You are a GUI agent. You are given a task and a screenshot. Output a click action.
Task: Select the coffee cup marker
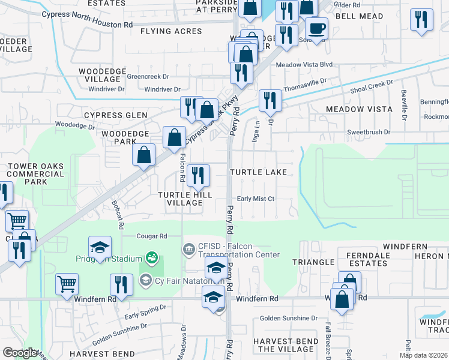tap(316, 28)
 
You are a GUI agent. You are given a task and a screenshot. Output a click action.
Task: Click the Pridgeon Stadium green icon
tap(152, 258)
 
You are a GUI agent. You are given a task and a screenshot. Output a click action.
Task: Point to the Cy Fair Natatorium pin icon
tap(144, 280)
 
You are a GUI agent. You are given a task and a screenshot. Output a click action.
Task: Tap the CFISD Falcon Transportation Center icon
tap(188, 248)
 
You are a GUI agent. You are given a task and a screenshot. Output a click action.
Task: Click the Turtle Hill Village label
tap(180, 199)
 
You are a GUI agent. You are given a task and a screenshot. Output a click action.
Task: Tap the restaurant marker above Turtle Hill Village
tap(198, 175)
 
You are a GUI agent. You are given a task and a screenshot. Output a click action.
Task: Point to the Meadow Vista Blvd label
tap(304, 64)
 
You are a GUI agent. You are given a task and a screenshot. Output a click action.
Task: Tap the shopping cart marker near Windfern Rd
tap(67, 284)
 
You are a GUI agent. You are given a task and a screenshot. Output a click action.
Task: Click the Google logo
tap(20, 353)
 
